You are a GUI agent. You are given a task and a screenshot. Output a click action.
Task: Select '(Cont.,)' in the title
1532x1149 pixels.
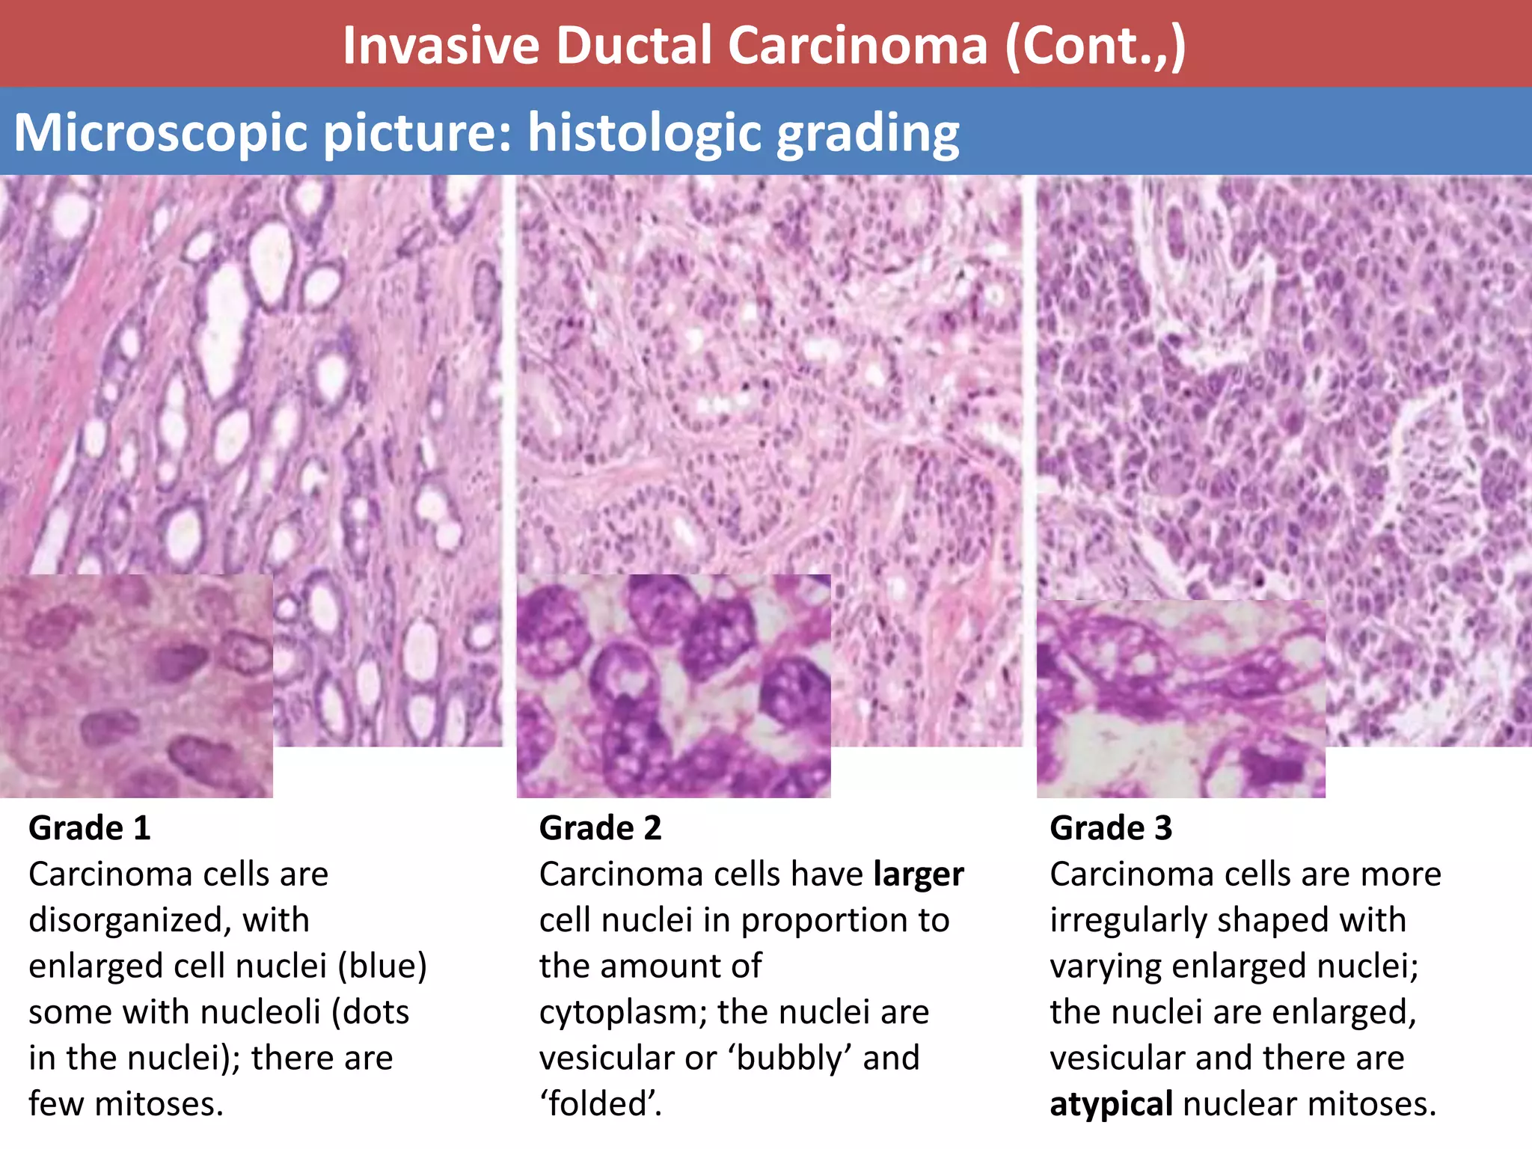tap(1095, 46)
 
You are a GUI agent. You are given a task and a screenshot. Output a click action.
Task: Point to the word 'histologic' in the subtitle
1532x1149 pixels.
tap(645, 133)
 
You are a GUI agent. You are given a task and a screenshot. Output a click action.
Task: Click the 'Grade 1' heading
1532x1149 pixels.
tap(90, 828)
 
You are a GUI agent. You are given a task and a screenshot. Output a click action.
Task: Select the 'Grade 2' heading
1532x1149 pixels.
tap(601, 828)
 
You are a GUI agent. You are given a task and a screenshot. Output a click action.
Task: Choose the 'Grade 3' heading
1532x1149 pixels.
tap(1111, 828)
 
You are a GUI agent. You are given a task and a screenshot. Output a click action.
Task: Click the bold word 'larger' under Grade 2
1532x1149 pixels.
tap(919, 874)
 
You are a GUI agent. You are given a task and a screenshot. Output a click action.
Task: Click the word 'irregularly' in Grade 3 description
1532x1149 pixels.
tap(1123, 920)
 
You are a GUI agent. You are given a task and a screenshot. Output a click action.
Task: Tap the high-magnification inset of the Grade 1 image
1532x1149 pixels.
tap(136, 686)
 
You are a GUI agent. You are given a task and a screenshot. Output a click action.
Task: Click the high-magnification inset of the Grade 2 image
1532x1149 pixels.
tap(673, 686)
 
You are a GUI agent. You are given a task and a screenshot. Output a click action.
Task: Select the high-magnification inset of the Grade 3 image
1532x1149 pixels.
tap(1180, 699)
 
